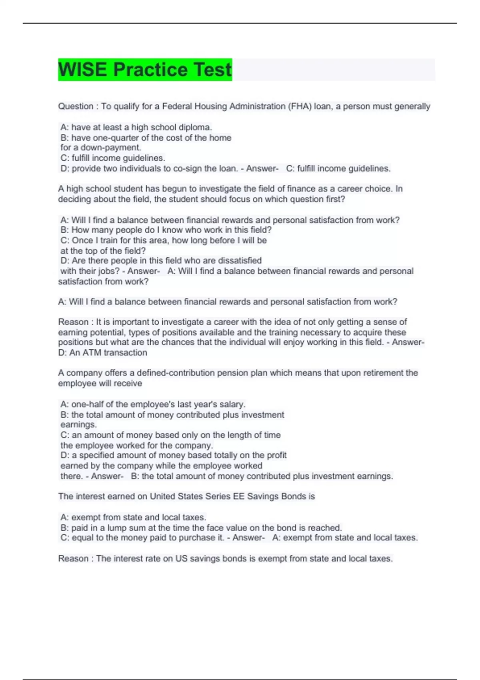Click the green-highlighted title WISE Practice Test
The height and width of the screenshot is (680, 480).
pyautogui.click(x=145, y=70)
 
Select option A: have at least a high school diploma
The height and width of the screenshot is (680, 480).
pyautogui.click(x=136, y=127)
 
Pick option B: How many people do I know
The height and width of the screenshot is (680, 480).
pyautogui.click(x=166, y=230)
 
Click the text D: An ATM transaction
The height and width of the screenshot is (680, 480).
pyautogui.click(x=103, y=352)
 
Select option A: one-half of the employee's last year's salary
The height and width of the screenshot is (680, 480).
pyautogui.click(x=153, y=404)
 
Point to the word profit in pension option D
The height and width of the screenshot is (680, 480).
pyautogui.click(x=277, y=455)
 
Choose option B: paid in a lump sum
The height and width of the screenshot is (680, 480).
pyautogui.click(x=201, y=528)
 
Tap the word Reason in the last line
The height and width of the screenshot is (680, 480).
pyautogui.click(x=73, y=558)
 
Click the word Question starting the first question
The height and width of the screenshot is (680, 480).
pyautogui.click(x=76, y=106)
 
